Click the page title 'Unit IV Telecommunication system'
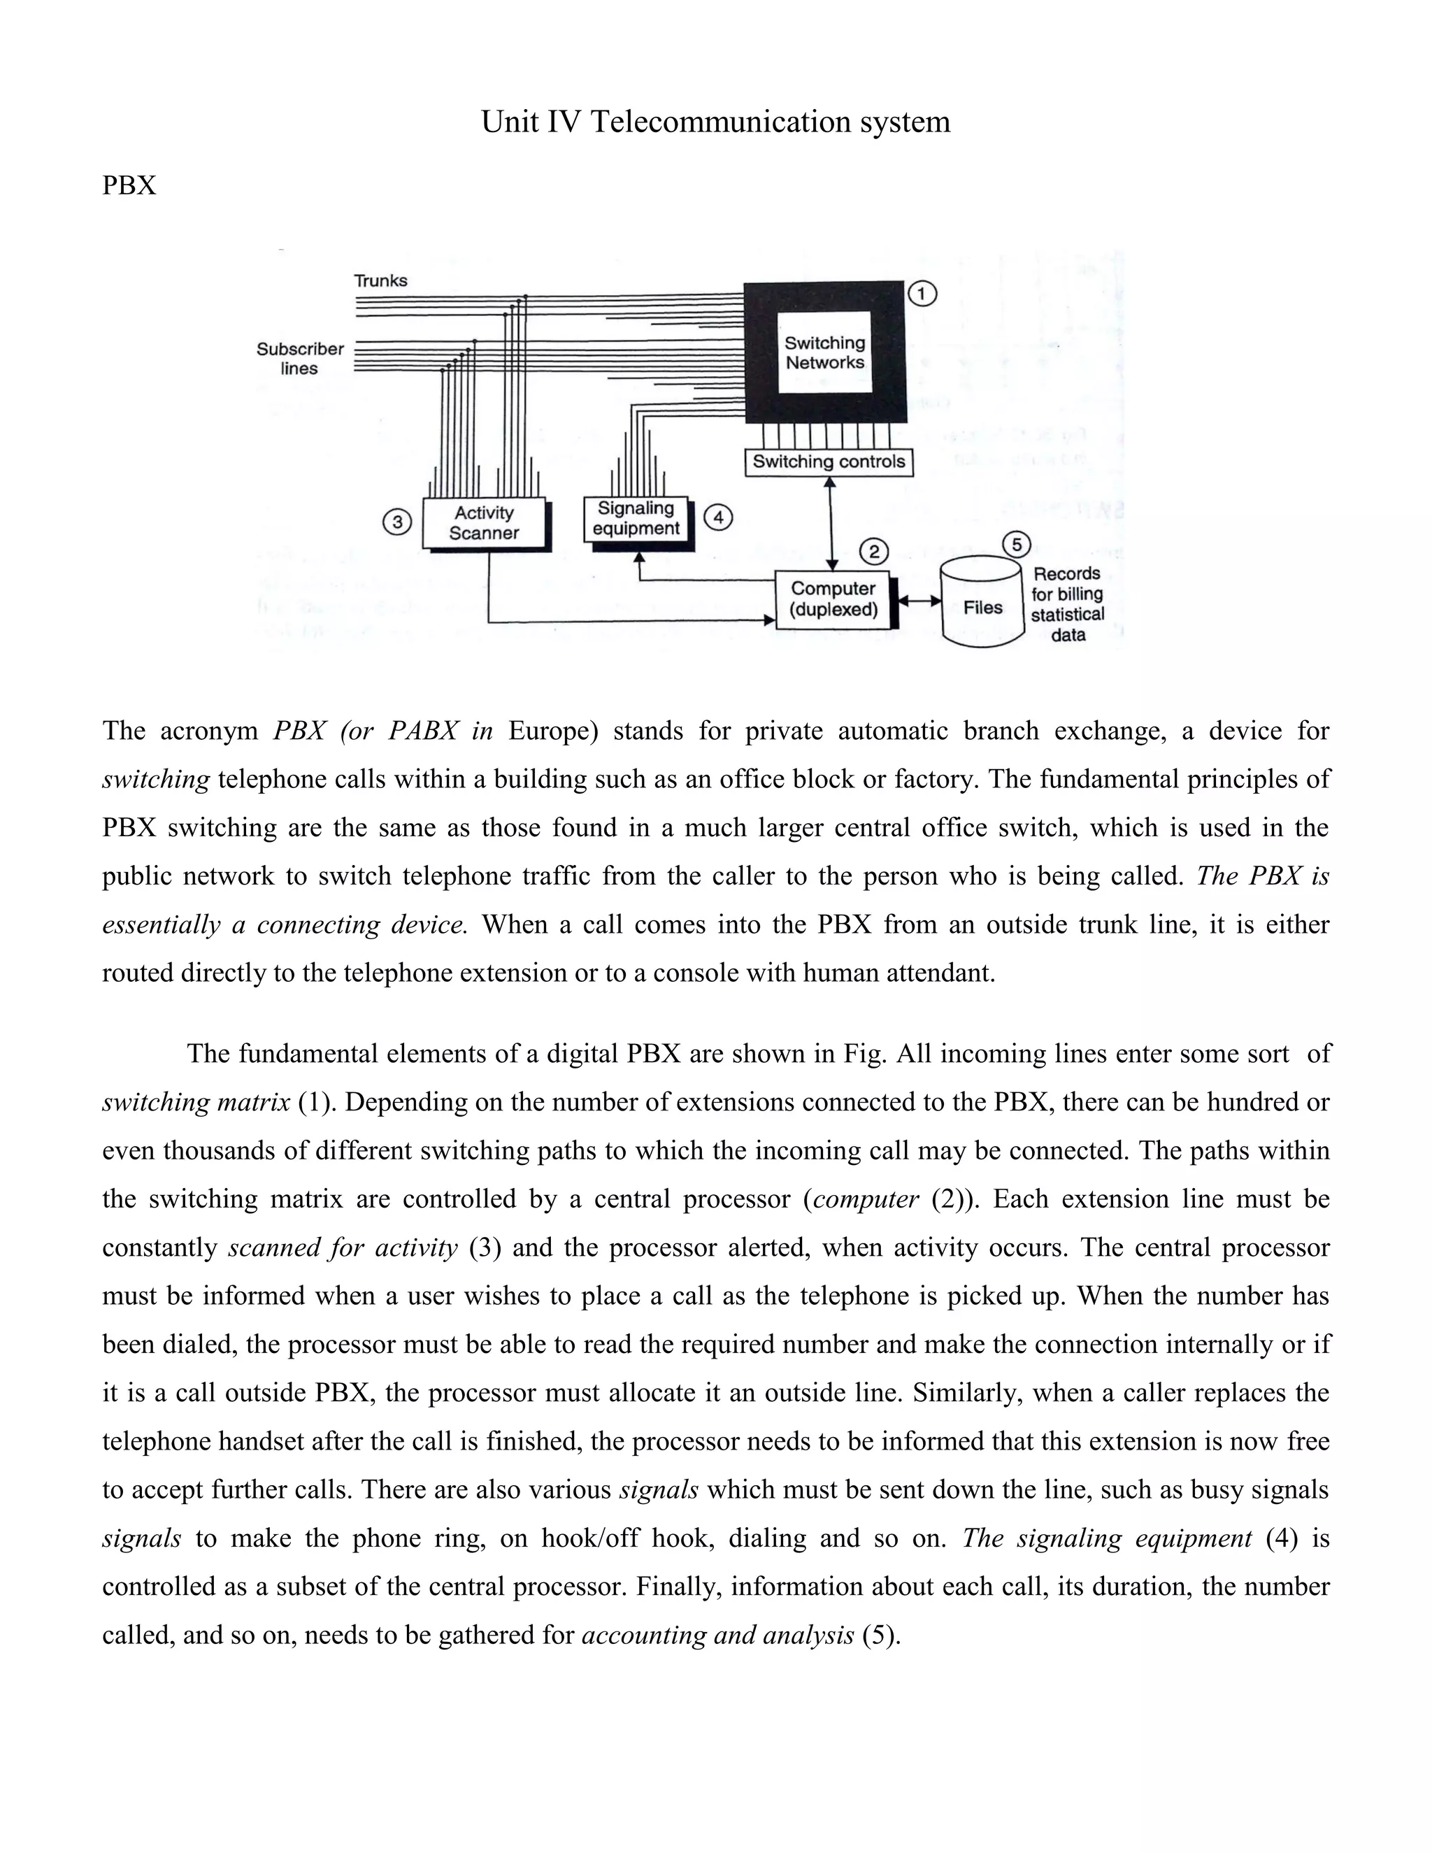pyautogui.click(x=715, y=122)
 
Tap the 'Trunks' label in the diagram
pyautogui.click(x=380, y=281)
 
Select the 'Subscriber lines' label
pyautogui.click(x=299, y=359)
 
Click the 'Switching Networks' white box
pyautogui.click(x=824, y=352)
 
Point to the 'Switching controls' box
pyautogui.click(x=829, y=462)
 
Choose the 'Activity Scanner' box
pyautogui.click(x=484, y=522)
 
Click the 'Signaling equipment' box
pyautogui.click(x=637, y=518)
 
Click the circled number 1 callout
pyautogui.click(x=922, y=294)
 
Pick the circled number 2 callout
pyautogui.click(x=874, y=552)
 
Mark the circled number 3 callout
pyautogui.click(x=396, y=521)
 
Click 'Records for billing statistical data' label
pyautogui.click(x=1067, y=604)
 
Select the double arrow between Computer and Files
pyautogui.click(x=919, y=601)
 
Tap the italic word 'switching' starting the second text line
pyautogui.click(x=155, y=779)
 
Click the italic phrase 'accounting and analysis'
pyautogui.click(x=717, y=1634)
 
